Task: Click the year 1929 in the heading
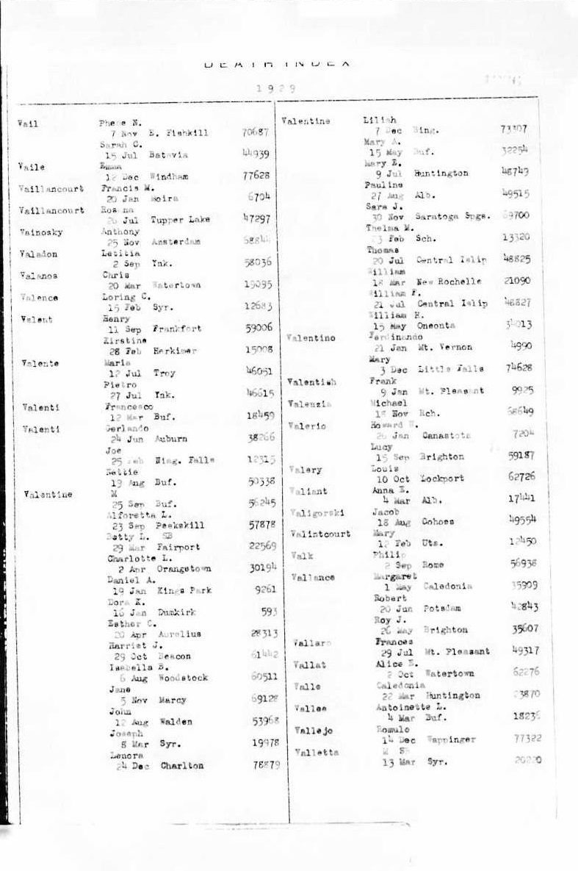tap(276, 88)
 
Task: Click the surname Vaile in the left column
tap(32, 167)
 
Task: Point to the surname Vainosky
tap(42, 232)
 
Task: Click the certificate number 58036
tap(257, 262)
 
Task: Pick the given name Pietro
tap(118, 384)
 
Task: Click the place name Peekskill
tap(180, 526)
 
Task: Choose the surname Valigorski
tap(318, 512)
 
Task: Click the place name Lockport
tap(442, 478)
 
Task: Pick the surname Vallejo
tap(314, 731)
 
